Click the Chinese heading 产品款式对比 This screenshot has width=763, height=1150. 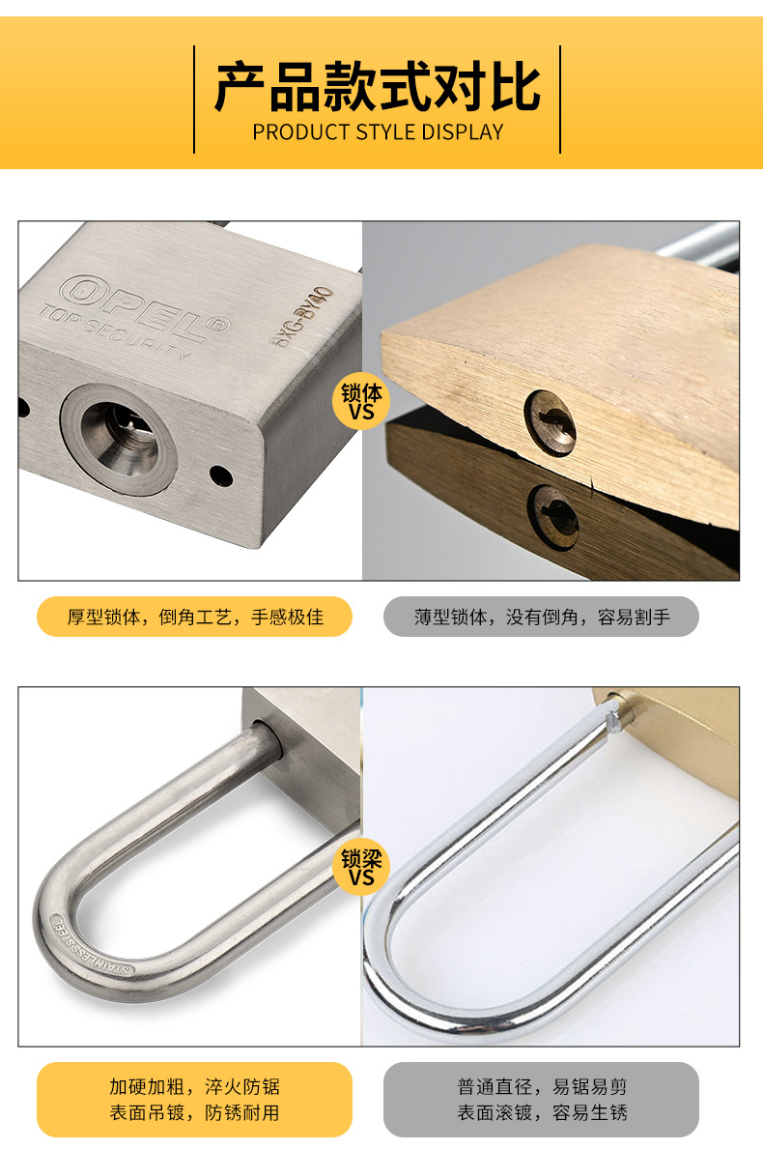pos(378,87)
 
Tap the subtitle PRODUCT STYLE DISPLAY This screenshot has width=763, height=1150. pos(378,132)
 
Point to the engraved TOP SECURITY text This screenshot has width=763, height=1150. pos(114,331)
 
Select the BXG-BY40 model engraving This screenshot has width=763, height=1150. pos(301,317)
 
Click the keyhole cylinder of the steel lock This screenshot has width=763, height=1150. pos(119,440)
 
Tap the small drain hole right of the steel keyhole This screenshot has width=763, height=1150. pos(220,476)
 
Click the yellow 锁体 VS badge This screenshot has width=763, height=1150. pos(361,401)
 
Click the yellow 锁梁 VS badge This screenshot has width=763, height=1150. pos(361,867)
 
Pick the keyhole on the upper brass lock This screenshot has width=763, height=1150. pos(550,422)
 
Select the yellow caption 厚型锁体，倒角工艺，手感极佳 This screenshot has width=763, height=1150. pos(195,617)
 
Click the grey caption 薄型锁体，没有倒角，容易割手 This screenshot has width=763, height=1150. pos(542,617)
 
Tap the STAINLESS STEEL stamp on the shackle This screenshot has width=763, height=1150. pos(91,947)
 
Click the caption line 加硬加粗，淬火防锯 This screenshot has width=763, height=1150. pos(195,1087)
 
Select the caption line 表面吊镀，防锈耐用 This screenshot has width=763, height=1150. pos(195,1112)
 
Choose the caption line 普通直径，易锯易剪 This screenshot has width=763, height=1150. pos(543,1087)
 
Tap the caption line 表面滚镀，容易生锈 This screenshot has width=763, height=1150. pos(543,1112)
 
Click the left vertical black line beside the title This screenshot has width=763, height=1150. pos(194,100)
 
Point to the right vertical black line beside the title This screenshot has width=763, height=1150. pos(560,100)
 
